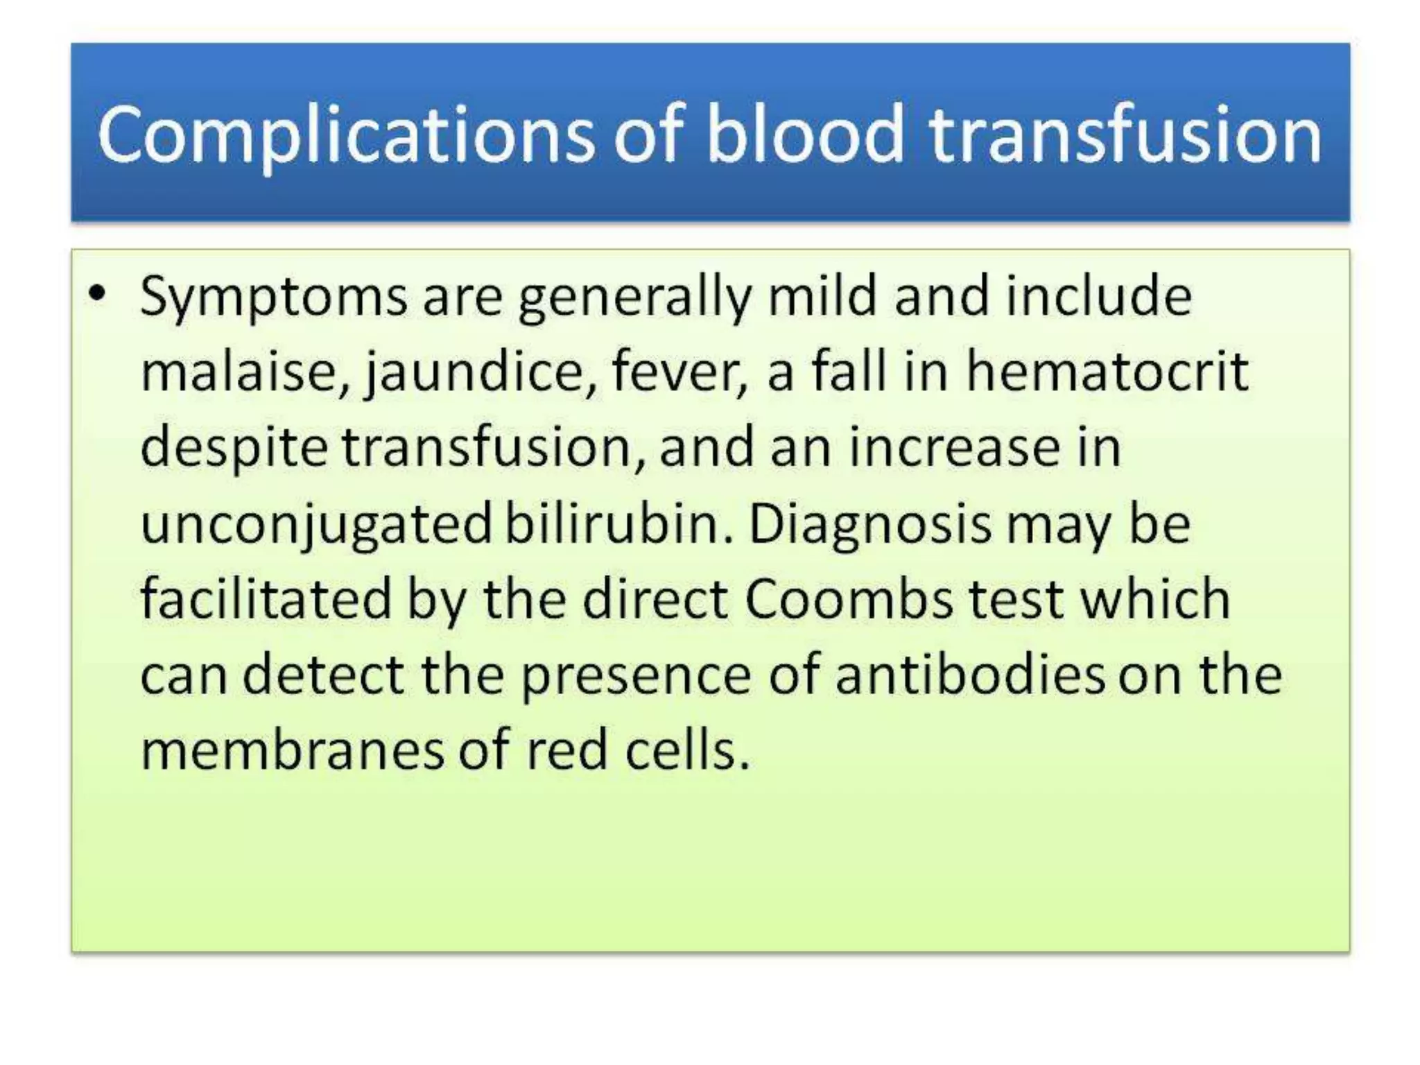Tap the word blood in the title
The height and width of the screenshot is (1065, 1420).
click(804, 135)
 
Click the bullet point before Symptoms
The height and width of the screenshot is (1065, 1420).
click(98, 294)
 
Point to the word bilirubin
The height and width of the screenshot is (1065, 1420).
click(618, 523)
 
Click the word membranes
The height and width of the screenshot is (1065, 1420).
click(292, 750)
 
